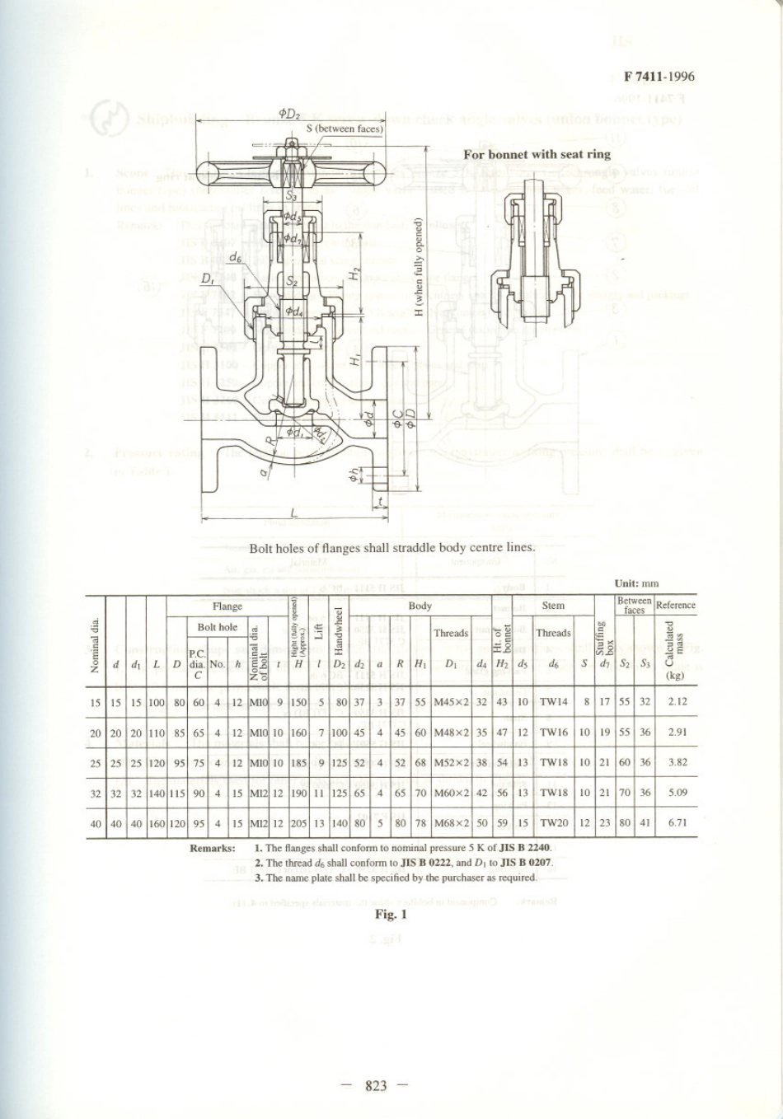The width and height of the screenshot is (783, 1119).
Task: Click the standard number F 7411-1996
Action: pyautogui.click(x=659, y=77)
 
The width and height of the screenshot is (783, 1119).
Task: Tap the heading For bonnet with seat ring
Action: pyautogui.click(x=537, y=154)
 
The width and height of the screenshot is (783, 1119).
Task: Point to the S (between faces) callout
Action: pyautogui.click(x=345, y=129)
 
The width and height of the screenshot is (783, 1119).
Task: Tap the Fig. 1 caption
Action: pyautogui.click(x=391, y=914)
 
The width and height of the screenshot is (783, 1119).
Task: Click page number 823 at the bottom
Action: pyautogui.click(x=375, y=1086)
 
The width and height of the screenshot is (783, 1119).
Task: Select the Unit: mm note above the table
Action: pyautogui.click(x=636, y=583)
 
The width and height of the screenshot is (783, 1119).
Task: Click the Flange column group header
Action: pyautogui.click(x=227, y=606)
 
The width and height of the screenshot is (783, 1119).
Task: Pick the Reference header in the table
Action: pyautogui.click(x=676, y=605)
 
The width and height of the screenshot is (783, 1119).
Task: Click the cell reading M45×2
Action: pyautogui.click(x=451, y=702)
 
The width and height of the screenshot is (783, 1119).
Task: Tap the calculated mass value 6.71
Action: pyautogui.click(x=678, y=822)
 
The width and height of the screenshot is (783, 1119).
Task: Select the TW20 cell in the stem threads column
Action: pyautogui.click(x=554, y=822)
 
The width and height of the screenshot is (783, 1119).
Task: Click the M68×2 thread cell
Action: pyautogui.click(x=451, y=822)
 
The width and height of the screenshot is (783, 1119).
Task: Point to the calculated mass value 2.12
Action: pyautogui.click(x=678, y=702)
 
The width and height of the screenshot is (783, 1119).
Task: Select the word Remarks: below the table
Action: pyautogui.click(x=213, y=848)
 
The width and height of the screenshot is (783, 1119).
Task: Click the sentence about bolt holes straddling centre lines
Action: pyautogui.click(x=392, y=547)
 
